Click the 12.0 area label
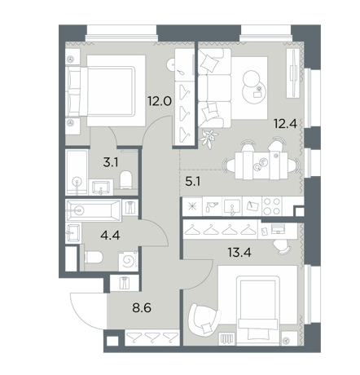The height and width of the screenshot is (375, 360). [160, 101]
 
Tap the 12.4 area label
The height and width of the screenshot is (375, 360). [285, 124]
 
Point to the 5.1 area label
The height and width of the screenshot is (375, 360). [192, 181]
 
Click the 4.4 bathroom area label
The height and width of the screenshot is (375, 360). [110, 235]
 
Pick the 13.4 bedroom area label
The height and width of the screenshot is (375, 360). [239, 253]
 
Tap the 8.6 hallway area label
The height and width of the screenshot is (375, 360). [141, 308]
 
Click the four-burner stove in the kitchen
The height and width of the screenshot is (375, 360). [272, 206]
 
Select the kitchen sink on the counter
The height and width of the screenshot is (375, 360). [232, 206]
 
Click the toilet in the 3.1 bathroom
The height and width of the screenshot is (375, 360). [126, 179]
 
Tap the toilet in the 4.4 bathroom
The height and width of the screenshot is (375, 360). [94, 257]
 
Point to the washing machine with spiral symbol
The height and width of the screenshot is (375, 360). [128, 261]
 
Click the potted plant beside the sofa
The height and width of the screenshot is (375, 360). [209, 137]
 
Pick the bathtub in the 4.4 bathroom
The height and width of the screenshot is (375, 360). [94, 210]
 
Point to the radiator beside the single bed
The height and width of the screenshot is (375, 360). [226, 339]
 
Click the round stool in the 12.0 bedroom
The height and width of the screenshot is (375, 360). [172, 65]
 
